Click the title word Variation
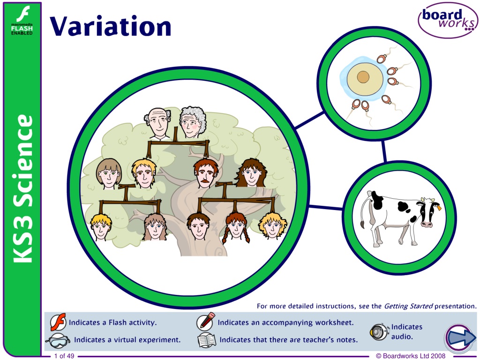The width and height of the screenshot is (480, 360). click(111, 26)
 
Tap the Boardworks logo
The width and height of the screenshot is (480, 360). click(448, 20)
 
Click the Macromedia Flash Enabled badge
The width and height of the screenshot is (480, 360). click(22, 20)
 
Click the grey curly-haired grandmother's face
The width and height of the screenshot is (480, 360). click(192, 122)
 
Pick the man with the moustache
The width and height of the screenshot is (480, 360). click(206, 173)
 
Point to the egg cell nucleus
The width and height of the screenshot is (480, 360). click(363, 77)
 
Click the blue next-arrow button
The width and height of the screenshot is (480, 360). click(459, 338)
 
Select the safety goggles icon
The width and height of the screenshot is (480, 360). click(58, 341)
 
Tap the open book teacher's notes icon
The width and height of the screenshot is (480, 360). click(207, 340)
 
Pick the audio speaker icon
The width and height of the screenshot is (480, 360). click(379, 332)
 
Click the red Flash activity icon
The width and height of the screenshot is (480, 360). click(58, 322)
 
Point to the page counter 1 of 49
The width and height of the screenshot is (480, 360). click(64, 356)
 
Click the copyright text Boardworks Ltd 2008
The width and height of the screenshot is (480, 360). click(411, 356)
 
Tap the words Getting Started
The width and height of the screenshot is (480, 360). click(408, 306)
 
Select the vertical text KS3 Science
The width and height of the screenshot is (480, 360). click(23, 188)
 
